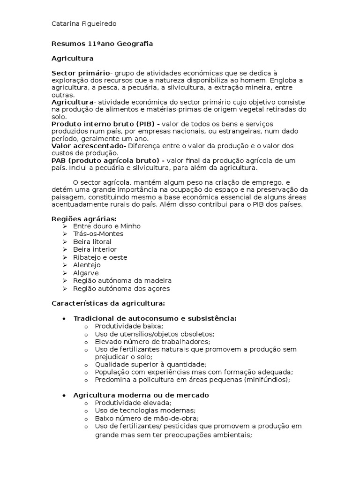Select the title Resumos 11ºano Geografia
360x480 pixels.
pos(102,44)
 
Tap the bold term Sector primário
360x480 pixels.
pos(80,73)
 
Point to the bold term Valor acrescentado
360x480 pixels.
pos(87,146)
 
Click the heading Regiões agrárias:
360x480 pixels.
pos(83,218)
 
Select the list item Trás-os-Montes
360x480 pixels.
pos(98,234)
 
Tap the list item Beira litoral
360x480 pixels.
pos(92,242)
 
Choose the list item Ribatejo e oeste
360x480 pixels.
pos(100,257)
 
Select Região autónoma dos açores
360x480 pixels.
pos(121,288)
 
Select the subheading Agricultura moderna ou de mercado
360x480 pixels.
pos(141,395)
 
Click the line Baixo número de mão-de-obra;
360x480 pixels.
pos(146,418)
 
